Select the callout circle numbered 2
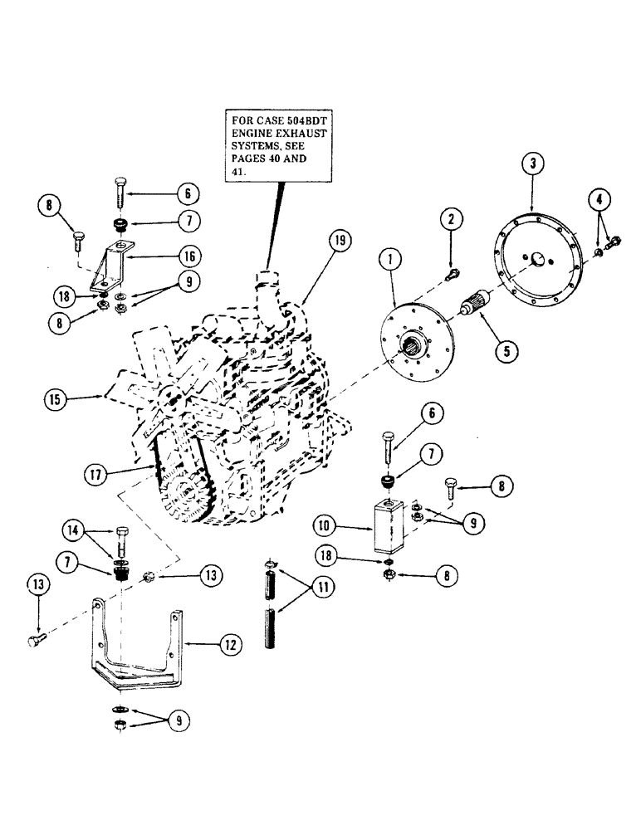[x=451, y=219]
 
